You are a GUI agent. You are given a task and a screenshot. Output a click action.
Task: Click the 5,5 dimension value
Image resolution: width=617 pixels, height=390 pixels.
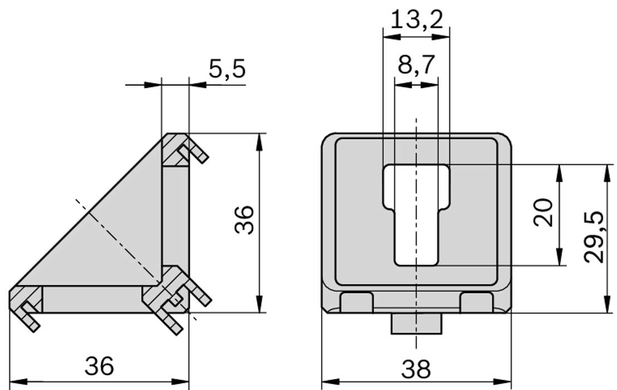click(227, 69)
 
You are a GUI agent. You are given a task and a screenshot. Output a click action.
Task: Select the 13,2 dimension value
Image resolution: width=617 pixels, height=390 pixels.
click(417, 20)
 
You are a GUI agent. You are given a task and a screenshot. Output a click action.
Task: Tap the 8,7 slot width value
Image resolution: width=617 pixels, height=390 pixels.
click(417, 66)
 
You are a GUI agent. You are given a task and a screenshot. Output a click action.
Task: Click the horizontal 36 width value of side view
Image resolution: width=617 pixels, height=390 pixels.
click(99, 367)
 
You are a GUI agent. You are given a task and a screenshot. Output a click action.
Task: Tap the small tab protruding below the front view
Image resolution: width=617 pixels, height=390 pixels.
click(416, 323)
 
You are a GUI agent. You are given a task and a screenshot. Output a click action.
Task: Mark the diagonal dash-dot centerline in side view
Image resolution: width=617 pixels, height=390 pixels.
click(120, 242)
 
